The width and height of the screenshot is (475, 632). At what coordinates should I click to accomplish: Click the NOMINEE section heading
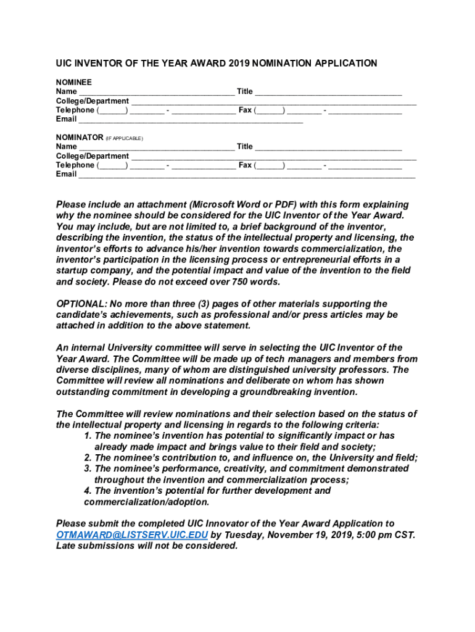74,82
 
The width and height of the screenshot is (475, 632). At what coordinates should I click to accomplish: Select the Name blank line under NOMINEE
157,92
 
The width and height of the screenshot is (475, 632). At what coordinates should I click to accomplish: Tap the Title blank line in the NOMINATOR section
328,147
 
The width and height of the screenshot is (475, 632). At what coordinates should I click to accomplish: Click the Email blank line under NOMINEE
191,120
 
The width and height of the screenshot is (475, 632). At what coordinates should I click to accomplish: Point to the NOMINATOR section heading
80,137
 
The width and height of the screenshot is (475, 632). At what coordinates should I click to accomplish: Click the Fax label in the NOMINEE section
245,110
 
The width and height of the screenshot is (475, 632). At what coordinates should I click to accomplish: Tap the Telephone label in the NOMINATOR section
75,165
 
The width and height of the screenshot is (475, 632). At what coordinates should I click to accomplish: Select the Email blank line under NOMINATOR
247,175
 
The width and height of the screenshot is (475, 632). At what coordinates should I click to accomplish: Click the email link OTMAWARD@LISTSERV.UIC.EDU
132,535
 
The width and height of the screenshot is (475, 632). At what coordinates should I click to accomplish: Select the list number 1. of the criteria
88,436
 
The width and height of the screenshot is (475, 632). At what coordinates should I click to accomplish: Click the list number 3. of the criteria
88,469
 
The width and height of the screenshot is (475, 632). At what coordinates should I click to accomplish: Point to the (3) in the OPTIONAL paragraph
190,304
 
